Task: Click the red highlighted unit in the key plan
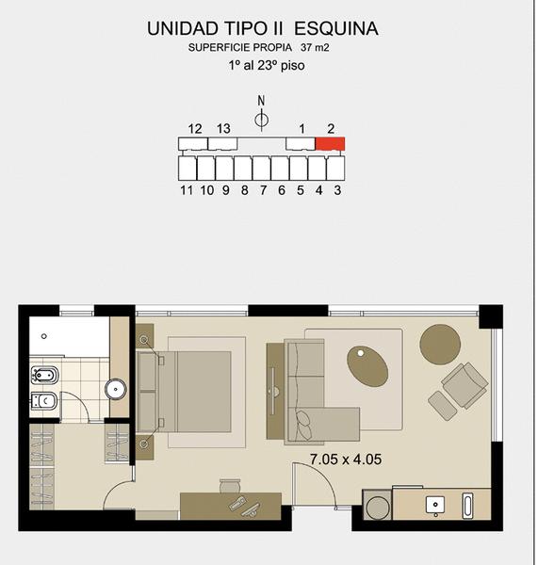(330, 143)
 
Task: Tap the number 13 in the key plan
(223, 129)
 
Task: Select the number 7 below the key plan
(263, 190)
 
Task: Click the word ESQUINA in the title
(336, 28)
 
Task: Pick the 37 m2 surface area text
(315, 48)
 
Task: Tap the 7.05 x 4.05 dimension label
(346, 460)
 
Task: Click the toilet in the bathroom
(44, 401)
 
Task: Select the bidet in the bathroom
(44, 376)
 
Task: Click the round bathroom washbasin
(116, 389)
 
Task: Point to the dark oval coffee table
(367, 366)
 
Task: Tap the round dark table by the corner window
(440, 345)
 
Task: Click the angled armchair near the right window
(465, 385)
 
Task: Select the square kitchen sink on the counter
(435, 505)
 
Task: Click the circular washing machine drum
(377, 507)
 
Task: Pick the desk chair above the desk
(230, 486)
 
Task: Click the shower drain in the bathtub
(44, 336)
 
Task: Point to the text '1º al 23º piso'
(267, 66)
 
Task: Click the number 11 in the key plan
(187, 190)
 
